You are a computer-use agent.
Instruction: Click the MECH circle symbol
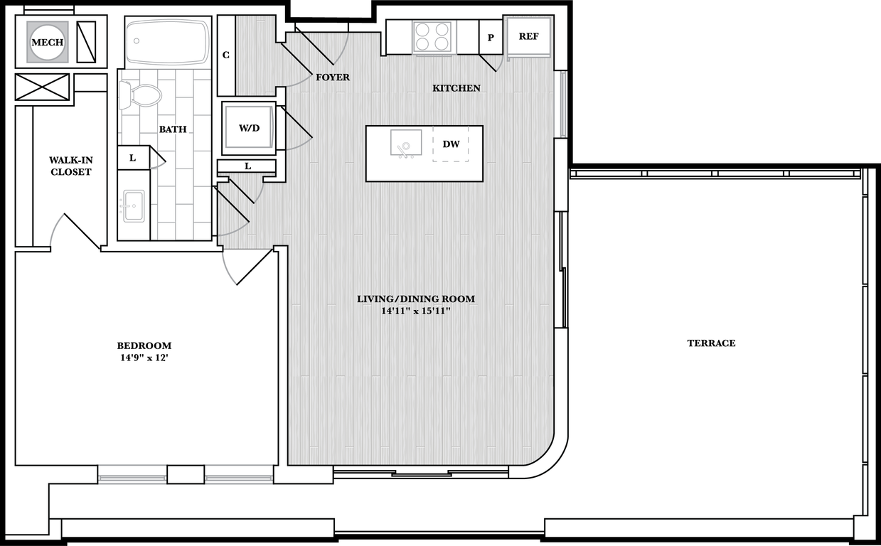tap(48, 43)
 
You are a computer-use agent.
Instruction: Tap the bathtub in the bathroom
tap(168, 43)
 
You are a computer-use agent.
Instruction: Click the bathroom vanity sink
tap(133, 205)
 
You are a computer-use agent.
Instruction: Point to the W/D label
tap(248, 129)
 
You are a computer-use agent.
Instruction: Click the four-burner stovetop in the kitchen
tap(432, 37)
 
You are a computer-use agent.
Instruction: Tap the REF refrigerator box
tap(528, 37)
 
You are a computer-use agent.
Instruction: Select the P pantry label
tap(491, 38)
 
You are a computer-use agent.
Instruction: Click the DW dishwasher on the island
tap(451, 144)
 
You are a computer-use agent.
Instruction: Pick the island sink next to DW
tap(406, 144)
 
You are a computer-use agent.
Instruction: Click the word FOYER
tap(333, 77)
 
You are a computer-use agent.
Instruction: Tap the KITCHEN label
tap(456, 88)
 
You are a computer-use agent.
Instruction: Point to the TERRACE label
tap(711, 343)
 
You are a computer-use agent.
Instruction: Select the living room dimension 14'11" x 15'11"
tap(416, 311)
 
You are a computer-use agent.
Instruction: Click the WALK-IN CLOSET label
tap(70, 166)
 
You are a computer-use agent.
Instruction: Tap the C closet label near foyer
tap(226, 55)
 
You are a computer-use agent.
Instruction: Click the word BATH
tap(173, 129)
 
